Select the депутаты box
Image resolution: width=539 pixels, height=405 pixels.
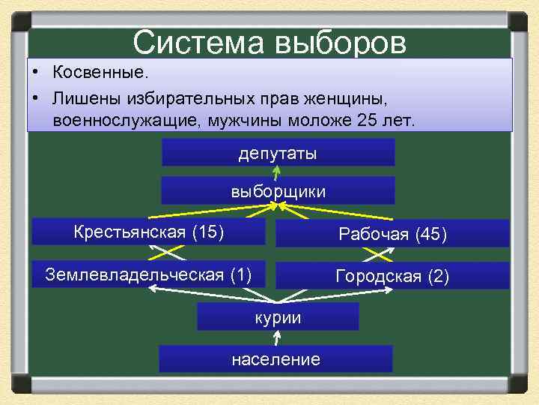point(278,153)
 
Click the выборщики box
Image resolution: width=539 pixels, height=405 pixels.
point(278,191)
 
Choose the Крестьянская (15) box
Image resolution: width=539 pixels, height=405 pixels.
point(149,232)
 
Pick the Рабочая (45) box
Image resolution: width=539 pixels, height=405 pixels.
point(392,234)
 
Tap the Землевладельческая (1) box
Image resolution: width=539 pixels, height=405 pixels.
point(149,274)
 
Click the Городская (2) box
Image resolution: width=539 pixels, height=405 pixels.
point(392,276)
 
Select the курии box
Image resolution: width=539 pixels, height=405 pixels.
point(278,317)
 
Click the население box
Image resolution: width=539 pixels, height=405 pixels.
point(275,359)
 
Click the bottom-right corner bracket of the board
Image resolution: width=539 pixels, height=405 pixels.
point(519,385)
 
